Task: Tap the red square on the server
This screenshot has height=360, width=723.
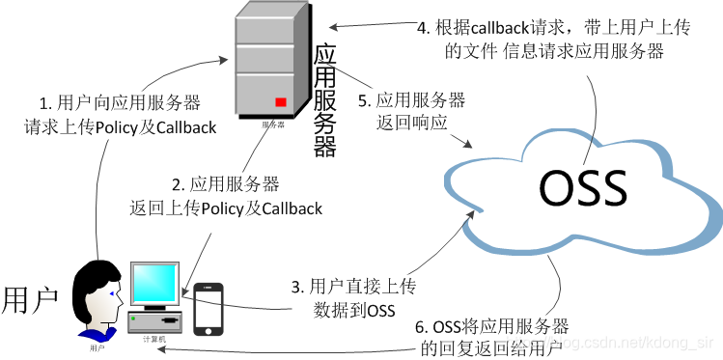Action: click(281, 101)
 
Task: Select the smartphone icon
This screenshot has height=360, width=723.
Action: click(209, 309)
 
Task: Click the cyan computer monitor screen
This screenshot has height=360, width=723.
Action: click(154, 286)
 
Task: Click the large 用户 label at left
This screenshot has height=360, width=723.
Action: click(31, 299)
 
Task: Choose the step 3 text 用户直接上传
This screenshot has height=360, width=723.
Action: click(353, 297)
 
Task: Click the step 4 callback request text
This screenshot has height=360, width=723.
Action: click(554, 40)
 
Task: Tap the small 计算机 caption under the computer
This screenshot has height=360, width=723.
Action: click(154, 340)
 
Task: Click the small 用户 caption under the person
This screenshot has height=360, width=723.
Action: click(97, 346)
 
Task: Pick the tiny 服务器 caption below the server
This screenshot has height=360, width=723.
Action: click(274, 125)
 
